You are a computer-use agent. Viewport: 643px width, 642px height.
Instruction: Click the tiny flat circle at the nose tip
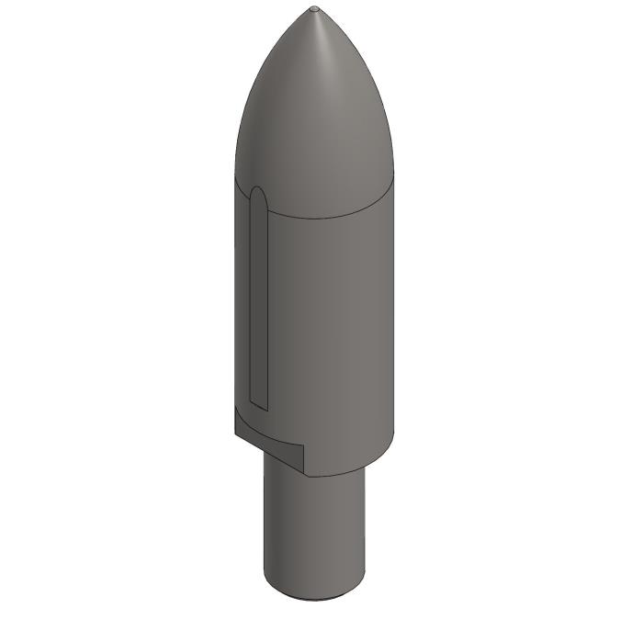pyautogui.click(x=315, y=9)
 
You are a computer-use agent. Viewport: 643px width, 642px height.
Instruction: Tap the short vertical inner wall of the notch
pyautogui.click(x=303, y=459)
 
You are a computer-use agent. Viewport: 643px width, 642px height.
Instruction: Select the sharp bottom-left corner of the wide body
pyautogui.click(x=235, y=433)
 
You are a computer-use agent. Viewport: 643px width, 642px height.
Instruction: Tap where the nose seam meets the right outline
pyautogui.click(x=393, y=176)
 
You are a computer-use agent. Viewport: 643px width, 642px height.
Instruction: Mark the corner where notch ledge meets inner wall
pyautogui.click(x=303, y=448)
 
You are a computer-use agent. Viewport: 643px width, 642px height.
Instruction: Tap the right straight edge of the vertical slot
pyautogui.click(x=267, y=303)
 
